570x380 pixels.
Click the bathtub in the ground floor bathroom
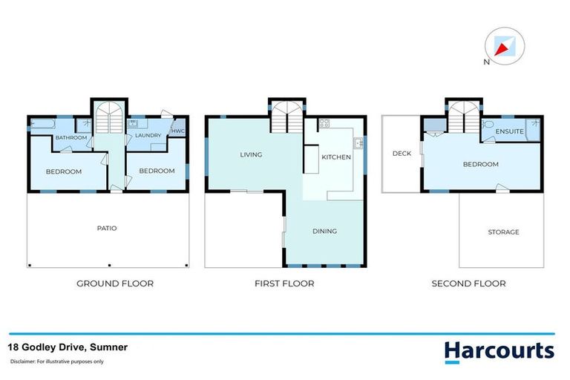click(42, 124)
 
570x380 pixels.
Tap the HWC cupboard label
click(178, 131)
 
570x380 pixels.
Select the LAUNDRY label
click(148, 136)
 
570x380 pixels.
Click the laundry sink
click(136, 124)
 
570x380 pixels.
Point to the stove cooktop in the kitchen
click(324, 125)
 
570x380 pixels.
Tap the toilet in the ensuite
click(489, 124)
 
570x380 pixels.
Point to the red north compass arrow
click(502, 47)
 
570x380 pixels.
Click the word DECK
click(402, 154)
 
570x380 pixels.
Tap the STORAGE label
click(503, 232)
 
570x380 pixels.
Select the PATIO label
click(108, 228)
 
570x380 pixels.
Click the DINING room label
click(324, 231)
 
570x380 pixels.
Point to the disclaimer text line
click(57, 361)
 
